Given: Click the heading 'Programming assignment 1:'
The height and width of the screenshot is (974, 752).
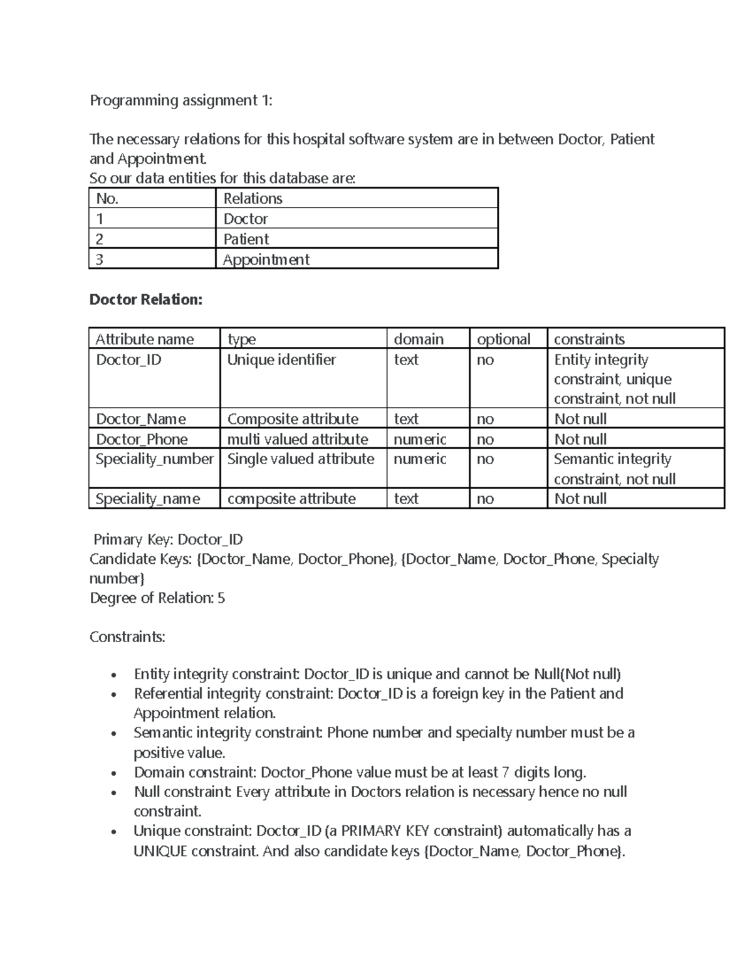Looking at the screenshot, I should (x=181, y=100).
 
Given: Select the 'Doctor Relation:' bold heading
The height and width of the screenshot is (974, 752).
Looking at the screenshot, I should (x=146, y=299).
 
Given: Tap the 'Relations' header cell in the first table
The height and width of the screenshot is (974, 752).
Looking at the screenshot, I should (x=253, y=198).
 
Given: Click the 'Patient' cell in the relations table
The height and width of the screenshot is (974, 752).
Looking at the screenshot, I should (x=246, y=239).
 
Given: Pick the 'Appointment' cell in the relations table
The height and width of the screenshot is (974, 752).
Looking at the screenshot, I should (x=266, y=260).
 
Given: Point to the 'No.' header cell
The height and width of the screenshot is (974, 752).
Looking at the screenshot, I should (x=107, y=198).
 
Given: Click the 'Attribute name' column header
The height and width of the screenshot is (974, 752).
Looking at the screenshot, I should (x=145, y=339).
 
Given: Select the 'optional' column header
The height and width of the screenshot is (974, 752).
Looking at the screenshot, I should (x=503, y=339).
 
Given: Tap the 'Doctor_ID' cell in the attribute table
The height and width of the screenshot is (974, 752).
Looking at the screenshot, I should (x=128, y=359).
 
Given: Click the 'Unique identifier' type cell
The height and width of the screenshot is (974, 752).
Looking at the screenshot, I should (x=281, y=359).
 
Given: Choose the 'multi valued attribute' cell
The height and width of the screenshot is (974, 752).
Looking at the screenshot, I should (x=298, y=439).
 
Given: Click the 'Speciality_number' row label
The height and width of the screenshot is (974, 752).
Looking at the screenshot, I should (x=154, y=459).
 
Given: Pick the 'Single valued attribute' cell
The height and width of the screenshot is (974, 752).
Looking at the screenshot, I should (x=300, y=459).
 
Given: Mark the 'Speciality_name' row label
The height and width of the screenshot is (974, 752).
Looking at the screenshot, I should (x=148, y=499).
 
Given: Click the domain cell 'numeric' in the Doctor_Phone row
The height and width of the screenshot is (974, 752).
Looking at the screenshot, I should (x=420, y=439).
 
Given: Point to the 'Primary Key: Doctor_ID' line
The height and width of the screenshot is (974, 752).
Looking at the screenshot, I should (x=167, y=539).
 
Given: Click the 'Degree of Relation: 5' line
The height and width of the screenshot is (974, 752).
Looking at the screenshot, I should (x=157, y=598).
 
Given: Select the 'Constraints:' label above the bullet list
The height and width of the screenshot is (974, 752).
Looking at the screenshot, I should (x=127, y=637).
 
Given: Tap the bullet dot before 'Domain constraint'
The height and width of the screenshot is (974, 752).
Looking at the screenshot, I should (x=113, y=773).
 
